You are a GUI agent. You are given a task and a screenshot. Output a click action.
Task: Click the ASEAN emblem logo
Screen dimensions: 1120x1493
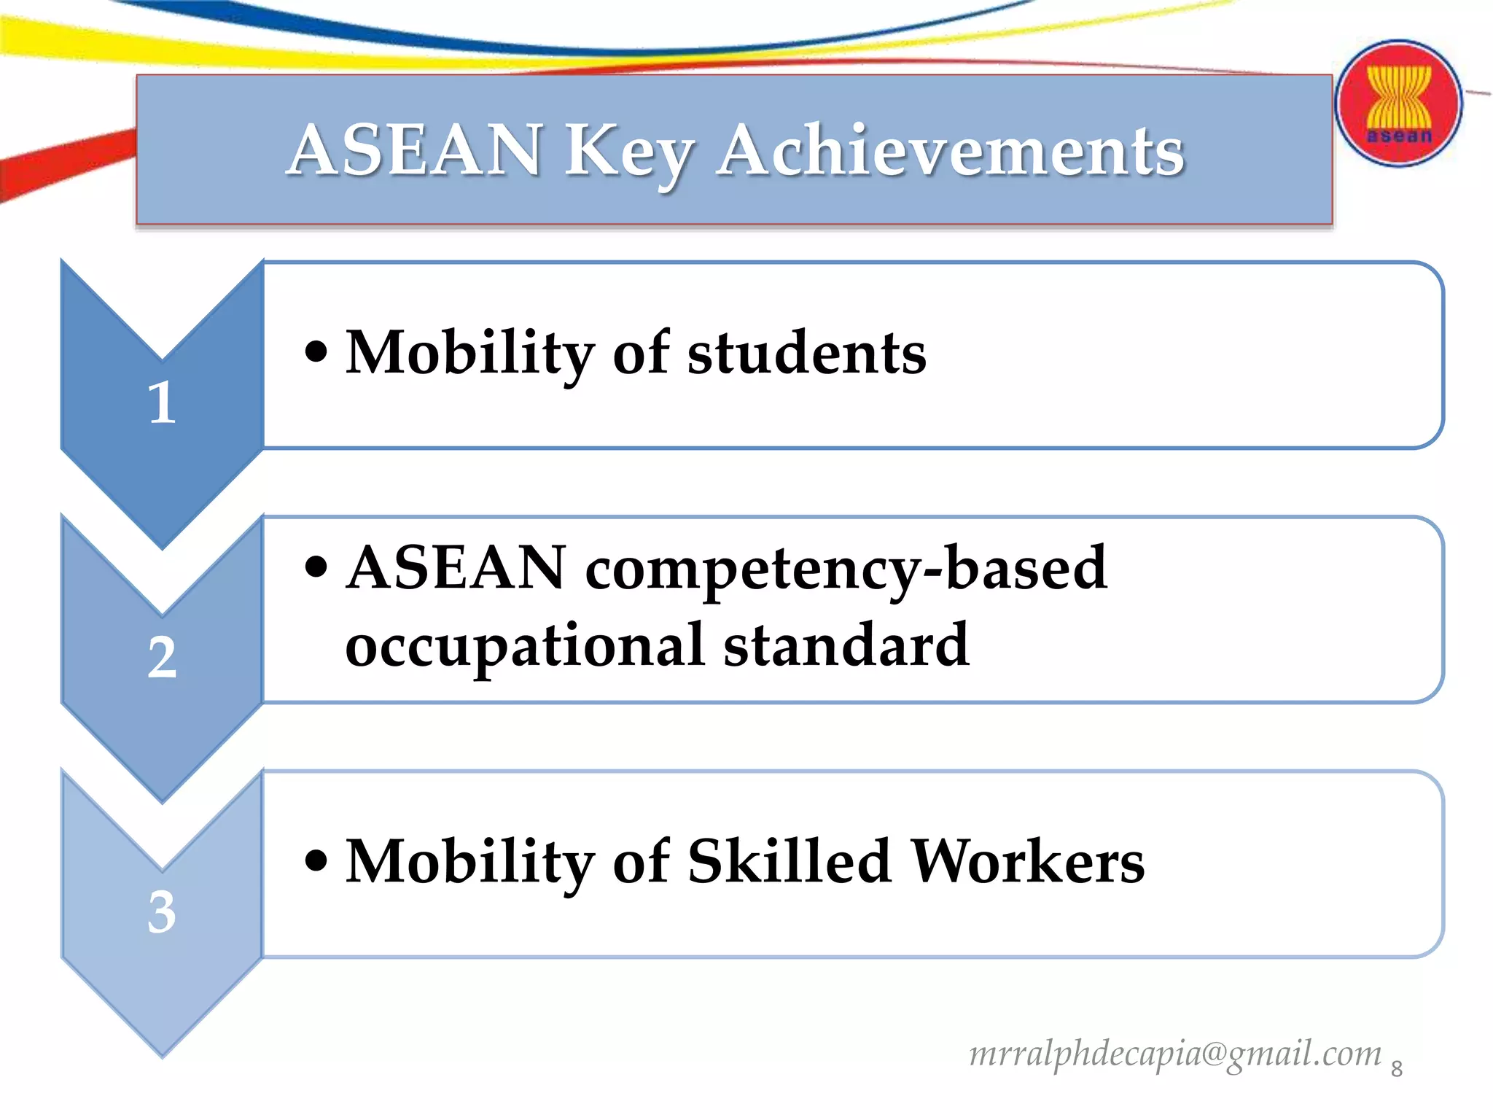click(1398, 104)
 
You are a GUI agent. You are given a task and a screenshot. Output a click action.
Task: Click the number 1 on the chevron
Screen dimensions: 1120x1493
click(162, 402)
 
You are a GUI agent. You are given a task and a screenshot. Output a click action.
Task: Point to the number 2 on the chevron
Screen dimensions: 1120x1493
click(162, 658)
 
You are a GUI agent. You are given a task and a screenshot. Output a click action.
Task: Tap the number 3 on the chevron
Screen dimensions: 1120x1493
click(162, 911)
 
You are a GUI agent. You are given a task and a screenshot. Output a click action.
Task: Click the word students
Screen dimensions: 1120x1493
click(807, 353)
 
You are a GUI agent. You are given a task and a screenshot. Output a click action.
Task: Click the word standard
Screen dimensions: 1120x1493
click(846, 645)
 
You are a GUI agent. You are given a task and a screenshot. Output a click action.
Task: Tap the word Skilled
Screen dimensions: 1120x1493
click(790, 861)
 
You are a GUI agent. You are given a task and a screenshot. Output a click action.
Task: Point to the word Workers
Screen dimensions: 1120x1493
click(1028, 861)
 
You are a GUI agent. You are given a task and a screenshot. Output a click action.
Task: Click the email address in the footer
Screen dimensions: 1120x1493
click(1175, 1054)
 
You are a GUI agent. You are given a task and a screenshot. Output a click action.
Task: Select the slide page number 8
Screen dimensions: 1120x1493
click(1397, 1069)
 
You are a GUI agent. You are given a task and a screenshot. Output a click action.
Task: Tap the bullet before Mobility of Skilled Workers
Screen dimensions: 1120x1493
click(316, 861)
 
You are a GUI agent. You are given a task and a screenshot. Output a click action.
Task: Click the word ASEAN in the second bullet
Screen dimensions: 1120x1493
click(456, 568)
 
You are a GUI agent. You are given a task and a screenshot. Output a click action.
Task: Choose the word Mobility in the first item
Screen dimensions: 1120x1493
click(470, 353)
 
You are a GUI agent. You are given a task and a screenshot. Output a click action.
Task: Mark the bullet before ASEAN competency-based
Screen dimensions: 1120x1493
click(316, 568)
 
